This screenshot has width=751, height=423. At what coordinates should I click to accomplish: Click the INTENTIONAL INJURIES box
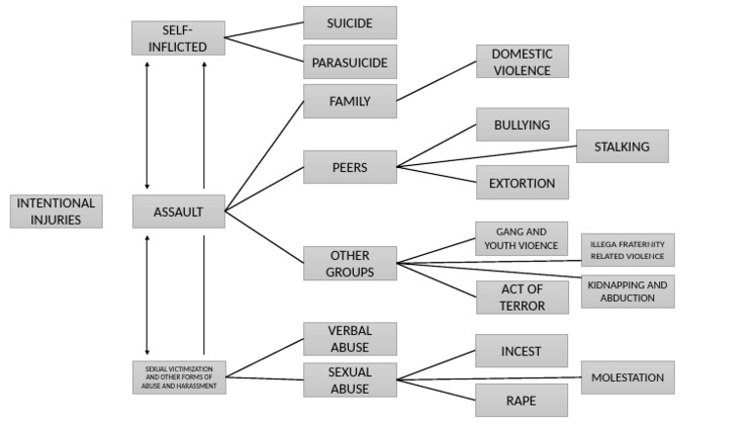coord(56,211)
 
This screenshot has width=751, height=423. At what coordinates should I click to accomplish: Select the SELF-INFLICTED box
coord(177,38)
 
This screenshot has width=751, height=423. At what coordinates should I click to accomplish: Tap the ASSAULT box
coord(178,211)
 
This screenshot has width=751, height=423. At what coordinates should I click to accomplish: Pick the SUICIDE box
coord(349,22)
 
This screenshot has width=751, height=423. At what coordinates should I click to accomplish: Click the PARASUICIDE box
coord(349,63)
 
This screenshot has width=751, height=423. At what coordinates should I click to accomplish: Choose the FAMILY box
coord(349,101)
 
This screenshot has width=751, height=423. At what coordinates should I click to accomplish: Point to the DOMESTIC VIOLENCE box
coord(521,62)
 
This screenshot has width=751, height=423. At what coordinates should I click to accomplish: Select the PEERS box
coord(349,167)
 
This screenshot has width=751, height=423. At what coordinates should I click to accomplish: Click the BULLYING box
coord(521,125)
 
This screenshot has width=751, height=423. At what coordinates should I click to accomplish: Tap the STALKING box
coord(621,147)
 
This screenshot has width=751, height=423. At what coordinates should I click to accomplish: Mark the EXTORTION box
coord(521,183)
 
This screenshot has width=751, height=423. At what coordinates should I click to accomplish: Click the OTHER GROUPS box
coord(349,264)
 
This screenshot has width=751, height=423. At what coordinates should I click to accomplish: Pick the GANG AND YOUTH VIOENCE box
coord(521,238)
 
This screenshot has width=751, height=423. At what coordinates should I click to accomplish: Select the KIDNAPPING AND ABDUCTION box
coord(627,291)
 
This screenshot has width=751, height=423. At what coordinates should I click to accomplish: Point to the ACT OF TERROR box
coord(521,297)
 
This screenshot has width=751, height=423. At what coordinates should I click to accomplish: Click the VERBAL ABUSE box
coord(349,339)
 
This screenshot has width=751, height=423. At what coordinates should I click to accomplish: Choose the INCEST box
coord(521,351)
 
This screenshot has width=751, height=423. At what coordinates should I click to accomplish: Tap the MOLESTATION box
coord(627,377)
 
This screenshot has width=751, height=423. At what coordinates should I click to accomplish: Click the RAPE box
coord(521,400)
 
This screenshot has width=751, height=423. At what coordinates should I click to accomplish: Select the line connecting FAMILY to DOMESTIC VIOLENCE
coord(436,81)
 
